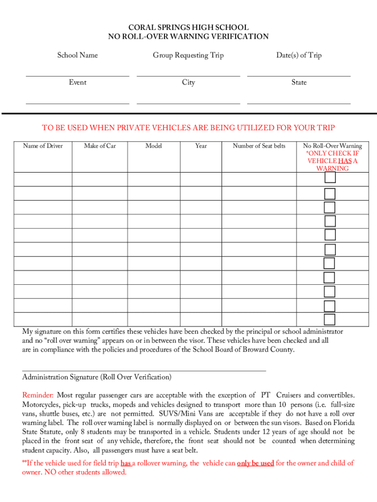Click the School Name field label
point(77,55)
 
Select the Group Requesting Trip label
point(188,55)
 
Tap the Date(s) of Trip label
point(299,55)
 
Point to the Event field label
point(77,82)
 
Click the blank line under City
point(188,103)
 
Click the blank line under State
point(299,103)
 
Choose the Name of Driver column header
point(43,146)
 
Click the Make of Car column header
point(100,146)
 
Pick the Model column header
point(154,146)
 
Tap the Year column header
point(201,146)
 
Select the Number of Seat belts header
point(259,146)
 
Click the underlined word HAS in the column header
point(344,161)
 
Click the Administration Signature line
point(144,371)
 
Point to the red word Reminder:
point(38,395)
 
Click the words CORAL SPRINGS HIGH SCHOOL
point(188,28)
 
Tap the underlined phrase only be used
point(255,463)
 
